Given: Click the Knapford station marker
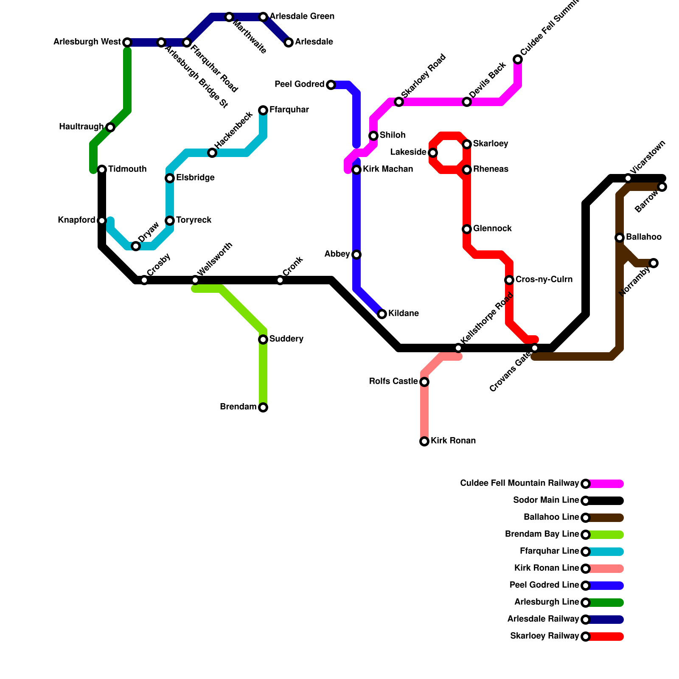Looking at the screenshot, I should point(102,221).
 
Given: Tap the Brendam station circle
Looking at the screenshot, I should point(263,407).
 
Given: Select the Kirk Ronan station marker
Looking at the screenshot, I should point(424,441).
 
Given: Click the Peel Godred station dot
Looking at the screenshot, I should point(331,85).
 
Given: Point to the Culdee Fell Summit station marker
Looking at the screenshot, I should point(518,59).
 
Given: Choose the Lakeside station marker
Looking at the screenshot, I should point(433,153).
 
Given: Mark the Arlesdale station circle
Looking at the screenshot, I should point(289,42).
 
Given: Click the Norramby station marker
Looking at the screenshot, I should point(654,263).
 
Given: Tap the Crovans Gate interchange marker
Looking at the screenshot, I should point(535,348).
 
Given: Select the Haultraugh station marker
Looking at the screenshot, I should point(110,127).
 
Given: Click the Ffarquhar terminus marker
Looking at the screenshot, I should point(263,110).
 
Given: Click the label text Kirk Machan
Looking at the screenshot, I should point(387,169).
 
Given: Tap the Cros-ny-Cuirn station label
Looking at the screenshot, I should point(544,280).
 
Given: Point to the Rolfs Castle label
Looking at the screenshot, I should point(393,382).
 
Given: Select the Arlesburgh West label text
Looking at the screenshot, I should point(87,42).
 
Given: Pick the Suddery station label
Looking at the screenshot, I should point(286,339).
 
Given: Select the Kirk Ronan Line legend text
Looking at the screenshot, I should point(547,568).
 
